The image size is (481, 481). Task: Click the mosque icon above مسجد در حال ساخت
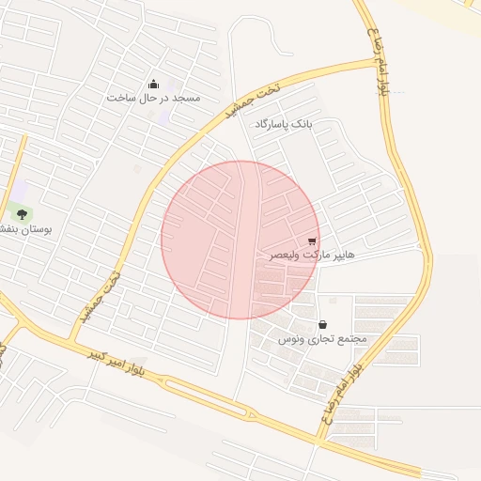tap(154, 85)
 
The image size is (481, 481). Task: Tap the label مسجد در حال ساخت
tap(154, 98)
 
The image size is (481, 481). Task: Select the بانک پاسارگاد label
tap(282, 124)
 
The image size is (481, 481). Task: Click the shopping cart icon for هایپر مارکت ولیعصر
tap(312, 241)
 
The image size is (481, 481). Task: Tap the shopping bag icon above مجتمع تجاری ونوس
tap(323, 324)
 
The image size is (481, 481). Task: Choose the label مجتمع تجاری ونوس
tap(322, 338)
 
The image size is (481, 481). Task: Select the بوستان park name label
tap(25, 228)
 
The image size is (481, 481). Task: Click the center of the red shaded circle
tap(240, 240)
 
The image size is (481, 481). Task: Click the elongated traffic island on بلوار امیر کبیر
tap(202, 396)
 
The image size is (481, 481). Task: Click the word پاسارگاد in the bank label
tap(273, 124)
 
